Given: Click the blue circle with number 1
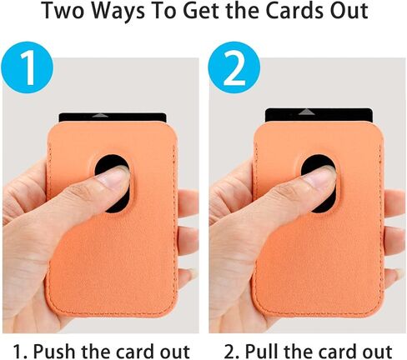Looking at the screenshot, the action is (27, 67).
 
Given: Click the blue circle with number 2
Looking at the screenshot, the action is (234, 67).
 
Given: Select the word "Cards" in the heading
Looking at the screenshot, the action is (291, 11).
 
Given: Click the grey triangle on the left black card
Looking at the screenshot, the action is (100, 115).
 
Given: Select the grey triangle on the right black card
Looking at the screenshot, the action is (306, 112).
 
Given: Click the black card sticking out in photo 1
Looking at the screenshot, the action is (113, 117).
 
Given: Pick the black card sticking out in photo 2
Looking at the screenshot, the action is (319, 115).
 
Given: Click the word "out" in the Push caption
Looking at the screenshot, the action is (175, 352).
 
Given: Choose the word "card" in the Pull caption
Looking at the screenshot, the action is (339, 351).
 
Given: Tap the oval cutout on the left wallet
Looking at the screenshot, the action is (113, 184).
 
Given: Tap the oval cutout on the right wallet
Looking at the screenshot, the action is (319, 183).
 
